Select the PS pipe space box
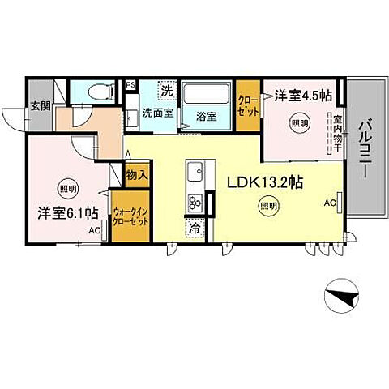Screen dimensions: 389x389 click(x=130, y=83)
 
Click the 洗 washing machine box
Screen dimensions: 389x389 click(x=165, y=89)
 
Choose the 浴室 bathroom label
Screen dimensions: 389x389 click(x=207, y=116)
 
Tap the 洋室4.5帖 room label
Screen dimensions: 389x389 click(x=303, y=96)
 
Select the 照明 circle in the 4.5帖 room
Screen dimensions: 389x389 click(x=299, y=123)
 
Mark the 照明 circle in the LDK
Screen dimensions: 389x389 click(x=267, y=207)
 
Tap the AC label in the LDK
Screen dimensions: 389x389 click(x=330, y=203)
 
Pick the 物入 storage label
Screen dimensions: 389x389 click(x=136, y=174)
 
